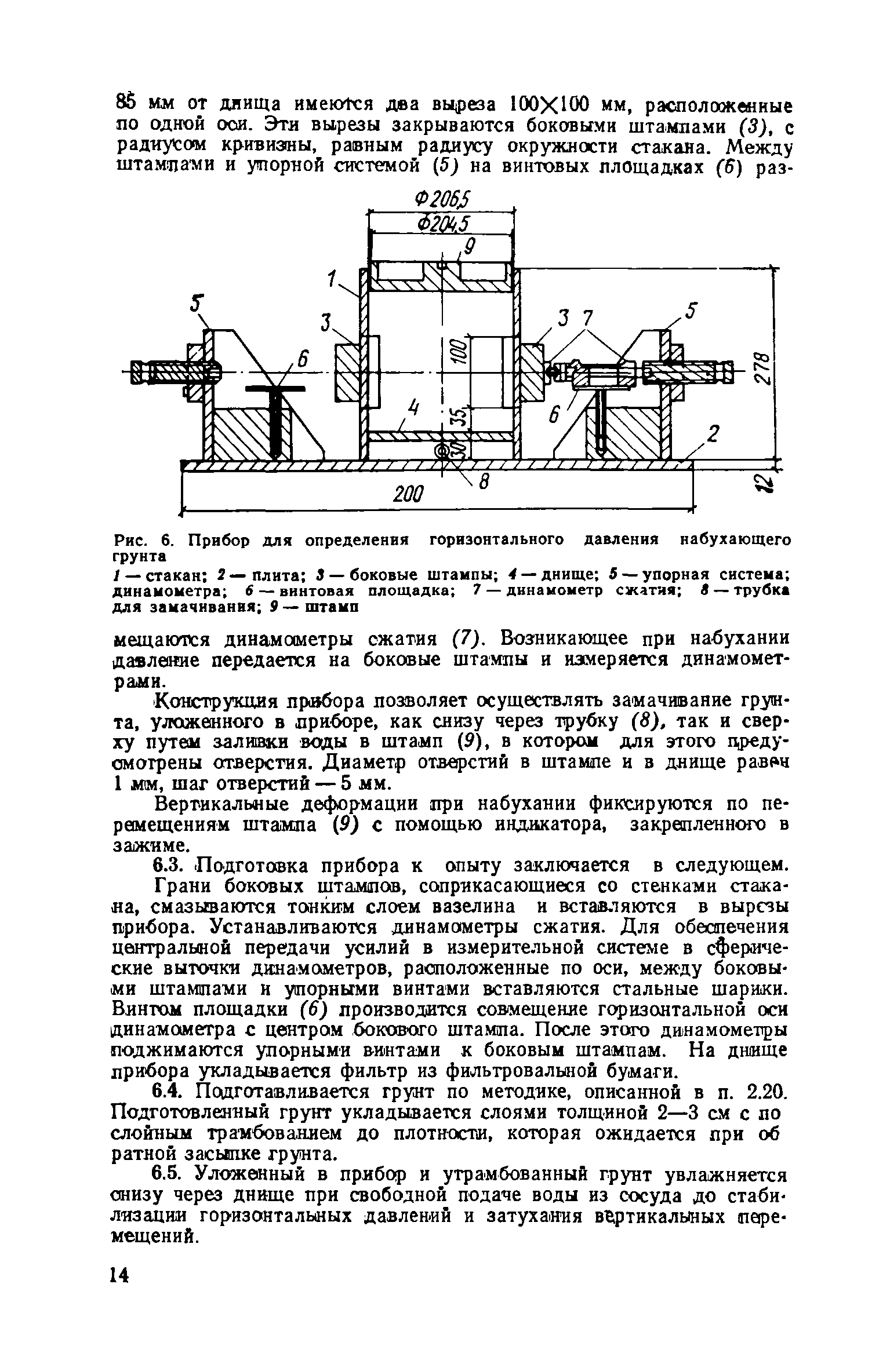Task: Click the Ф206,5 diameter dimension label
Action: [x=442, y=200]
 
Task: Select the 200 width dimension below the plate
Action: [x=409, y=494]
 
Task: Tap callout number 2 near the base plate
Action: [x=715, y=433]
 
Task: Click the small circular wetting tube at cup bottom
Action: [x=443, y=451]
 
